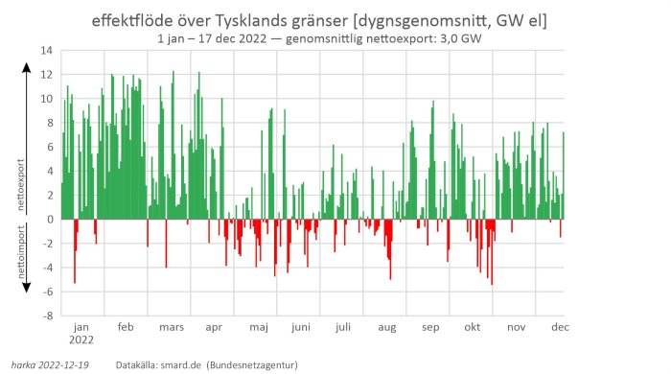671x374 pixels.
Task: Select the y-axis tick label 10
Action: pyautogui.click(x=46, y=98)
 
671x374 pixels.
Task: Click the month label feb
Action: pyautogui.click(x=126, y=327)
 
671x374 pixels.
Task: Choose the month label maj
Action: pyautogui.click(x=259, y=327)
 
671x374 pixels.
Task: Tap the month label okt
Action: pyautogui.click(x=472, y=327)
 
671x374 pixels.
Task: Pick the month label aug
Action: pyautogui.click(x=386, y=327)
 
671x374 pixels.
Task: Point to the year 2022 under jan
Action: pyautogui.click(x=82, y=341)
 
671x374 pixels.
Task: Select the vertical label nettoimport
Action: pyautogui.click(x=22, y=251)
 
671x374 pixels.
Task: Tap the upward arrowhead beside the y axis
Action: pyautogui.click(x=28, y=69)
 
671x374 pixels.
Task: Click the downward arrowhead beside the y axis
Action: pyautogui.click(x=28, y=288)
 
